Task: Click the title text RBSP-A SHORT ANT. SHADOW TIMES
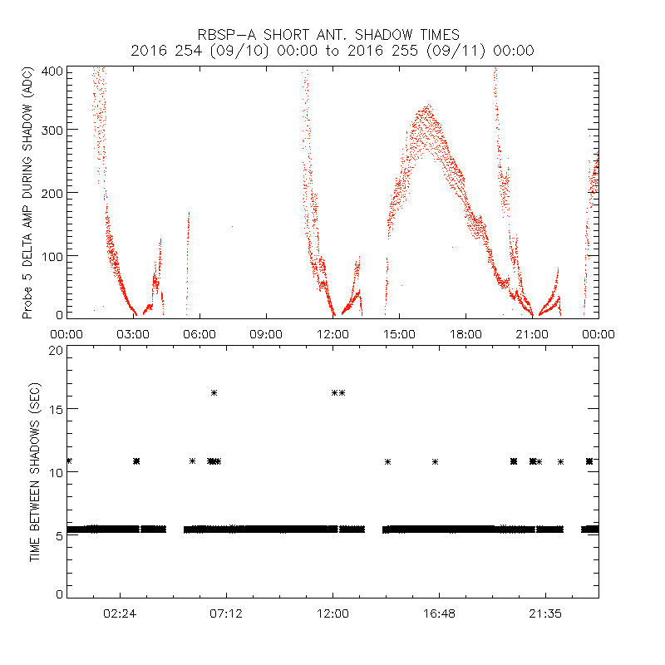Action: pos(328,34)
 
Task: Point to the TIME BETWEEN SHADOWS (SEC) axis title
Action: pos(35,472)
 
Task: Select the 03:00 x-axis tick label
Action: pos(133,333)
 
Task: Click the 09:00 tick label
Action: pos(266,333)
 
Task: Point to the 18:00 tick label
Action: pos(465,333)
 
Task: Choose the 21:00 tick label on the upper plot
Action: pos(532,333)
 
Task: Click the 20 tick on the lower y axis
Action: pos(54,350)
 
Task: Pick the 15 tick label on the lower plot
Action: pos(54,409)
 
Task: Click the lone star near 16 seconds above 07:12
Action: pos(214,392)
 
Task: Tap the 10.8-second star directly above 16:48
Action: pos(435,461)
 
